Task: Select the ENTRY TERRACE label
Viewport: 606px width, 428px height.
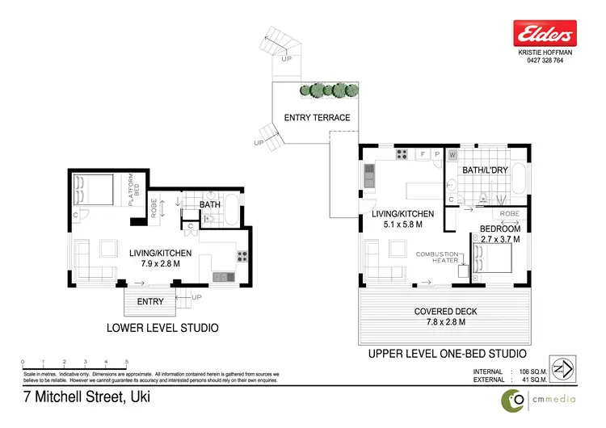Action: click(317, 118)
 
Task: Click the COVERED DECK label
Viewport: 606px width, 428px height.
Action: click(446, 311)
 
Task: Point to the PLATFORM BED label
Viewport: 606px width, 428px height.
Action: click(136, 191)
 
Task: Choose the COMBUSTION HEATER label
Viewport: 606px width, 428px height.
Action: click(437, 258)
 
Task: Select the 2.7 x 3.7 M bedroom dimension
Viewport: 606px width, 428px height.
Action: click(500, 240)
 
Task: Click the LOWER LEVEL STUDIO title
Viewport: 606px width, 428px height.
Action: click(162, 329)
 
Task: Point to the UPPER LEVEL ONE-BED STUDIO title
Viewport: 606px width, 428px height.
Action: click(447, 354)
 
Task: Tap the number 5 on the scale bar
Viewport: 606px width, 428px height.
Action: click(126, 362)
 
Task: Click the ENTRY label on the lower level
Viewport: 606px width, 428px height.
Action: click(150, 302)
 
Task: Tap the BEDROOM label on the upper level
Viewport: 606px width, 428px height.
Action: click(499, 229)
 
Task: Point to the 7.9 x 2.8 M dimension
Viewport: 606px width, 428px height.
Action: click(161, 264)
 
